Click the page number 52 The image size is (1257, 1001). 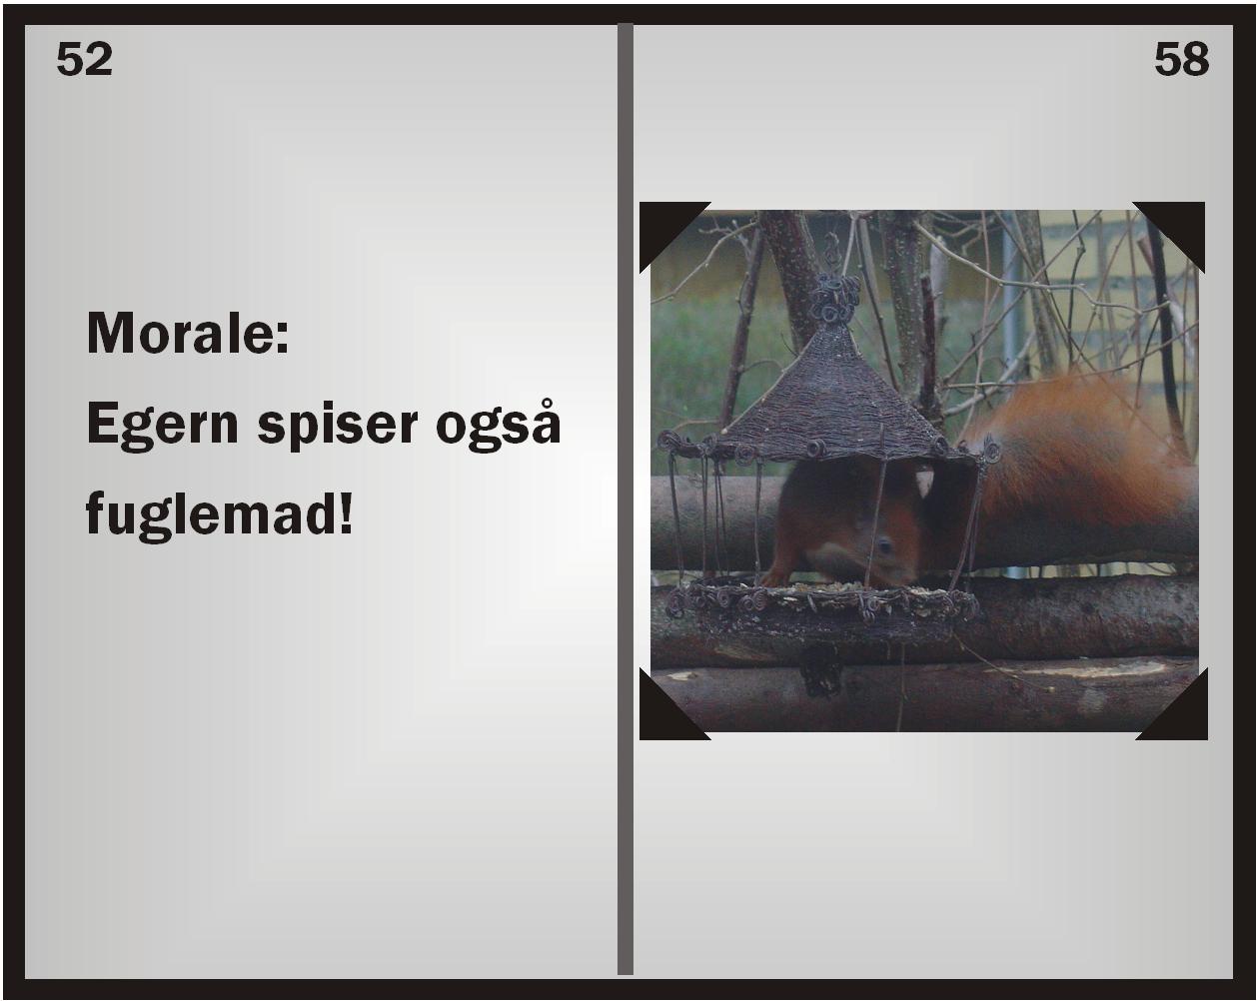(x=84, y=59)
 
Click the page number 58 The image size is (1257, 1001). (x=1181, y=59)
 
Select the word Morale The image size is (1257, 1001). (x=182, y=333)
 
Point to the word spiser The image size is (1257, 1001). (x=338, y=426)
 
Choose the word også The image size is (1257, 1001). (x=499, y=426)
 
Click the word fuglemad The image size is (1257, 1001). (x=212, y=513)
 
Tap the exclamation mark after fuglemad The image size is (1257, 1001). (x=347, y=512)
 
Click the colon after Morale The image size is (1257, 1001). (x=283, y=340)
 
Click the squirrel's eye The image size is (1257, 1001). (x=884, y=546)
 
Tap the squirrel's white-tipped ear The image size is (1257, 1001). (x=924, y=483)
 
